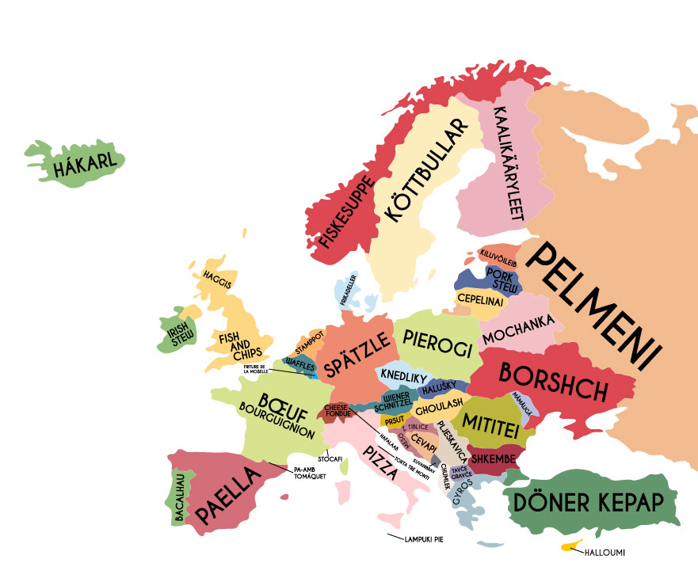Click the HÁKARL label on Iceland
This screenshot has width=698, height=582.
[x=82, y=163]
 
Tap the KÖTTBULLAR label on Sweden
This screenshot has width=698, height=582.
[x=421, y=171]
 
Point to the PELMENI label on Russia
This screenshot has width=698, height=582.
[x=596, y=310]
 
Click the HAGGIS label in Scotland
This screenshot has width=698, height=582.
[x=217, y=280]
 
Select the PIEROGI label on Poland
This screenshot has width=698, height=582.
[x=437, y=338]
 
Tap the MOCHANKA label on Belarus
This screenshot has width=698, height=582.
[x=518, y=337]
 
